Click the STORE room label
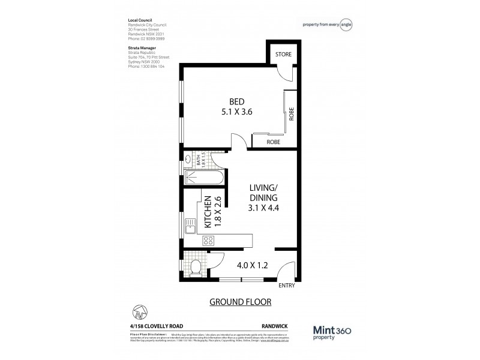tap(283, 55)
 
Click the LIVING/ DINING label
tap(264, 192)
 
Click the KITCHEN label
tap(207, 211)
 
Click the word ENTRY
tap(287, 286)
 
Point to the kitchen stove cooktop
tap(209, 241)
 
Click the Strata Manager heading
tap(142, 46)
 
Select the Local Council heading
tap(140, 20)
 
